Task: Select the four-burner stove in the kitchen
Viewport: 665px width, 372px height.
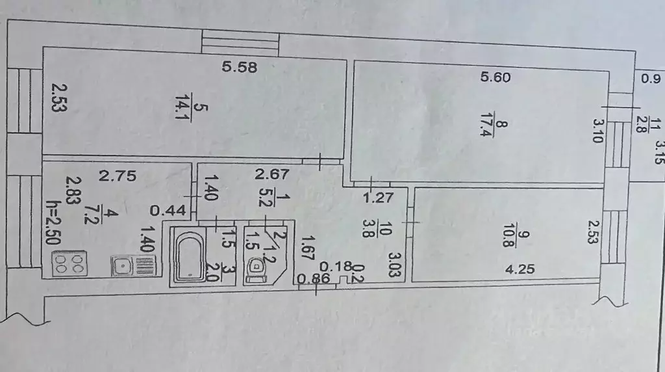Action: pos(69,263)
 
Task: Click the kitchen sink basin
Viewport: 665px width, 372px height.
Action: pos(123,266)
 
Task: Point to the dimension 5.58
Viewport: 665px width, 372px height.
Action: pos(240,67)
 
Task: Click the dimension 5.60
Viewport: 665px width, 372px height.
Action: pos(496,77)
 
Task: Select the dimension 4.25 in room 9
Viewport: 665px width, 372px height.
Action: pos(520,269)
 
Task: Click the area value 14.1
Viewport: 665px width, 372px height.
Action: pos(182,107)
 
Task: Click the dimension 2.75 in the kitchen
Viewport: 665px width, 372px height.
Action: pos(118,176)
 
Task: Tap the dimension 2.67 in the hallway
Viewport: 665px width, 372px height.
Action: pos(271,174)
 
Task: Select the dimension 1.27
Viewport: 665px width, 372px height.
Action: pos(378,198)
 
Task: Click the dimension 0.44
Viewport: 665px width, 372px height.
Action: pos(168,210)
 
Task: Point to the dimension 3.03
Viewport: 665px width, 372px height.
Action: pos(395,265)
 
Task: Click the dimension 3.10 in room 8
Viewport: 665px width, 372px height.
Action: pos(597,131)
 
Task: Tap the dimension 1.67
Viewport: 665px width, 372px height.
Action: pos(307,248)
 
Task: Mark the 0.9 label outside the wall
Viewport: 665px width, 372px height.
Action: pos(651,79)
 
